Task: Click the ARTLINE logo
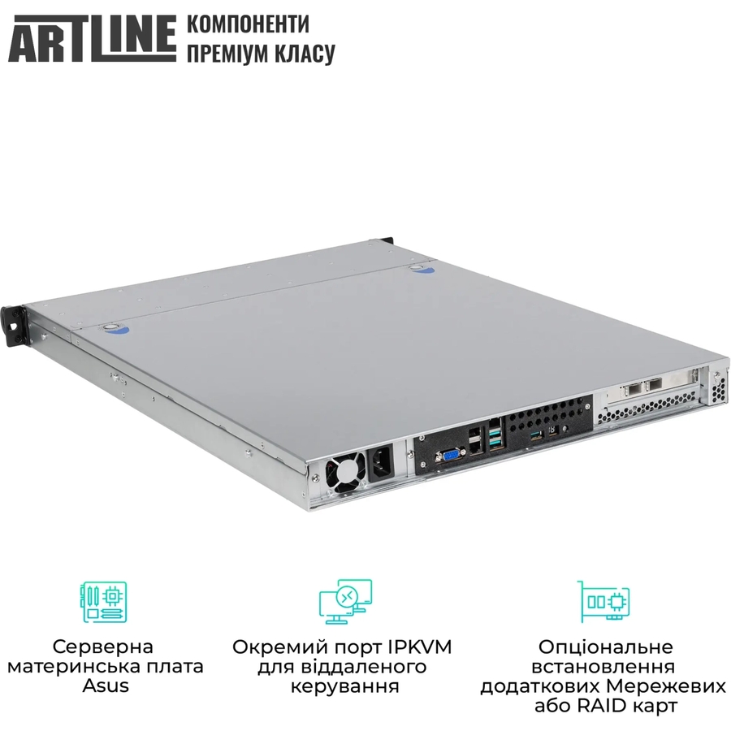click(93, 38)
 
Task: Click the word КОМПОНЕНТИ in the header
click(248, 24)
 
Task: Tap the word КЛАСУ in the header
click(305, 53)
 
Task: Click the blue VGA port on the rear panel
click(450, 455)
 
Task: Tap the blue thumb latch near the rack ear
click(116, 329)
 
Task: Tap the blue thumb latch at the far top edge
click(423, 269)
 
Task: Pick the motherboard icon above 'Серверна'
click(104, 602)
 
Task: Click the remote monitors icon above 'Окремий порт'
click(345, 602)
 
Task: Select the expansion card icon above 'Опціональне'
click(603, 601)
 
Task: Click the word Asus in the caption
click(106, 686)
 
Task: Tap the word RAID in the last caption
click(603, 706)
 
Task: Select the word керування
click(345, 686)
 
